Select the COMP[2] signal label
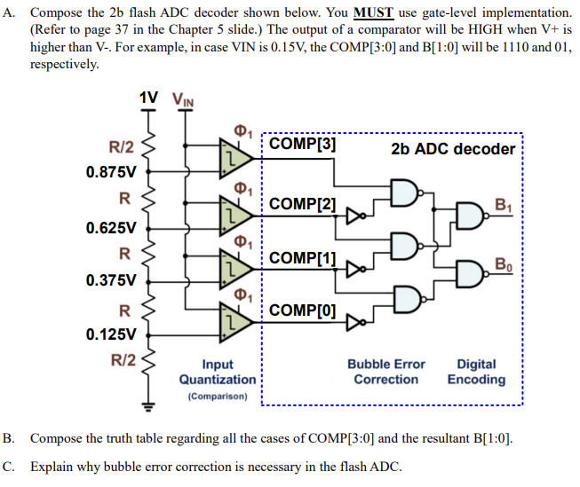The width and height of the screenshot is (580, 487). pyautogui.click(x=302, y=204)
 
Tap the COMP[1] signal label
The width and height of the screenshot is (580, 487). pyautogui.click(x=302, y=257)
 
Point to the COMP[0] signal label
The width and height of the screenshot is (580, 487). pyautogui.click(x=302, y=310)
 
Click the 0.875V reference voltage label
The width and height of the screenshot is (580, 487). pyautogui.click(x=111, y=171)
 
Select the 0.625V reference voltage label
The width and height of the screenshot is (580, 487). pyautogui.click(x=111, y=227)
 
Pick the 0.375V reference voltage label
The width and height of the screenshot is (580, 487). pyautogui.click(x=111, y=280)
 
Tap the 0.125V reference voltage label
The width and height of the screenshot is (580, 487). pyautogui.click(x=111, y=334)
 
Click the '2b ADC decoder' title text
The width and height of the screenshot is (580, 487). pyautogui.click(x=453, y=148)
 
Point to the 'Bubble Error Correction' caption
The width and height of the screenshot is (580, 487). pyautogui.click(x=385, y=372)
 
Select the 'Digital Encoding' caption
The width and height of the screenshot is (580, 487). pyautogui.click(x=476, y=372)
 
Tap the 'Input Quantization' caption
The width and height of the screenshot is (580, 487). pyautogui.click(x=218, y=372)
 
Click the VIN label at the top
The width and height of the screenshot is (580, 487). pyautogui.click(x=180, y=99)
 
